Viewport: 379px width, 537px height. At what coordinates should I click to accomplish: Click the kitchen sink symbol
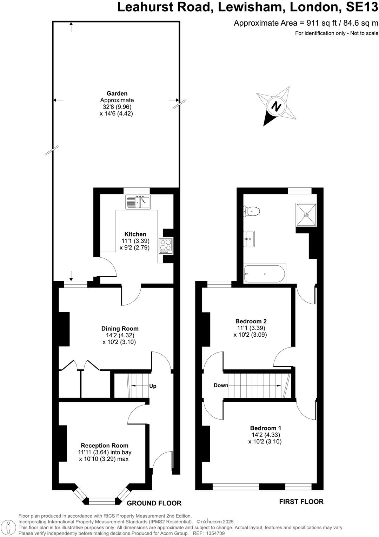tap(138, 202)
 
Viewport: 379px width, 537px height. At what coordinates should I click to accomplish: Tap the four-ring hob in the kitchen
tap(166, 246)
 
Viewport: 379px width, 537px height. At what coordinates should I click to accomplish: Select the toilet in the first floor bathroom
tap(252, 212)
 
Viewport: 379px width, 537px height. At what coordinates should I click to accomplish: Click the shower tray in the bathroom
tap(306, 214)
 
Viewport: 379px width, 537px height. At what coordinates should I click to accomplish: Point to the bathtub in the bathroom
tap(265, 274)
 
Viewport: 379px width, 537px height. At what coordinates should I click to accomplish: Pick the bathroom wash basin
tap(249, 239)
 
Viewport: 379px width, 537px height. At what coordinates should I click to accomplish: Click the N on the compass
tap(277, 106)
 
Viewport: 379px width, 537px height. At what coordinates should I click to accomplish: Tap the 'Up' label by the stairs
tap(153, 386)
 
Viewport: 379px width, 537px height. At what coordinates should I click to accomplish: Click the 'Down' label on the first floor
tap(221, 385)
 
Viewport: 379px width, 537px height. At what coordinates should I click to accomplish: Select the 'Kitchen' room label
tap(135, 234)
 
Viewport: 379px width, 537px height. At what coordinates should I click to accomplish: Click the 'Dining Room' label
tap(120, 329)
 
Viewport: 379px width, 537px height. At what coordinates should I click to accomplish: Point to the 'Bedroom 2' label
tap(251, 321)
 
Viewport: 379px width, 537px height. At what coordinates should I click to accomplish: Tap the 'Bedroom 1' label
tap(265, 428)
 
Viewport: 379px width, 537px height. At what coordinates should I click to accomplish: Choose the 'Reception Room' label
tap(105, 445)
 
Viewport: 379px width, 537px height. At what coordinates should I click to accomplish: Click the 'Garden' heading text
tap(117, 93)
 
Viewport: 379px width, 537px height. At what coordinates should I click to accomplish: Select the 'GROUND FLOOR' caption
tap(154, 503)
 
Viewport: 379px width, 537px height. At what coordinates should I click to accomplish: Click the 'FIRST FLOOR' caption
tap(301, 502)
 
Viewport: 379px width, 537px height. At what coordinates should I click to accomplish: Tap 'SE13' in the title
tap(363, 7)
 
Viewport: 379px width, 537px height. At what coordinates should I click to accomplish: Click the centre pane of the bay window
tap(102, 500)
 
